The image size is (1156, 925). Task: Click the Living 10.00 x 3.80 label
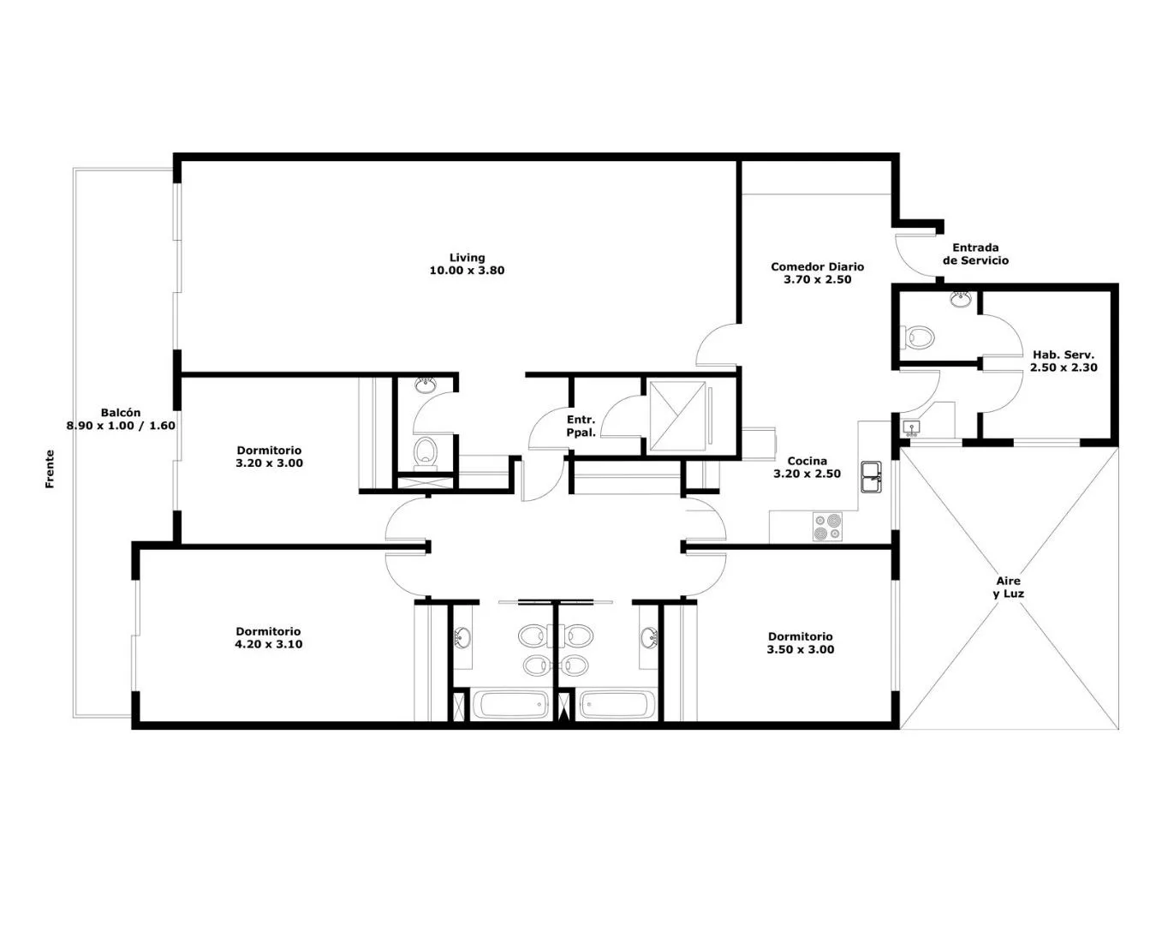point(467,264)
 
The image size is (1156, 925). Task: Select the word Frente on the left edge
point(50,468)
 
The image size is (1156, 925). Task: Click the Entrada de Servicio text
point(975,254)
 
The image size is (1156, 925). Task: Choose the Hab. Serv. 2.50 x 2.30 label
point(1064,361)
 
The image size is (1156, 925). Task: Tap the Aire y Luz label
point(1008,587)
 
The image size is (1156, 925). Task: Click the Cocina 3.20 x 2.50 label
point(807,467)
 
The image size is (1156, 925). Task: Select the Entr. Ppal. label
point(581,426)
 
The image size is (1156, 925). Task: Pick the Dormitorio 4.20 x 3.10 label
point(269,637)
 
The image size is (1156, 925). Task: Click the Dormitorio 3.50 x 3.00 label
point(801,643)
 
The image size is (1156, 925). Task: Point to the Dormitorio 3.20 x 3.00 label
point(269,457)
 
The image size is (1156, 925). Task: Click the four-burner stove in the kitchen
point(827,527)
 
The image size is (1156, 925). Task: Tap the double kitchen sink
point(871,477)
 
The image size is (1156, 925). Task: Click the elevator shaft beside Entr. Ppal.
point(677,416)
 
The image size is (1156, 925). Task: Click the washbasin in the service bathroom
point(961,299)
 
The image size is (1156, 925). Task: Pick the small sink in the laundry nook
point(911,428)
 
